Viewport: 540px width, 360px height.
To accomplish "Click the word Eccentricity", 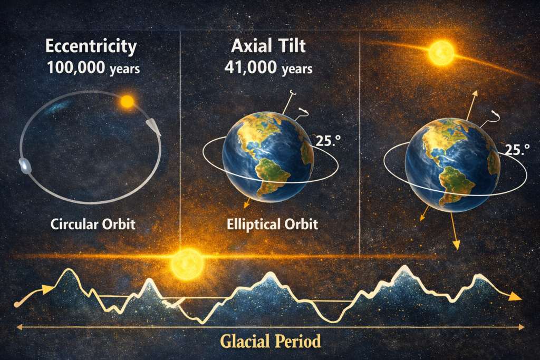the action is tap(91, 46).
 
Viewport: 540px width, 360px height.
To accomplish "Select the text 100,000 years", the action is tap(93, 67).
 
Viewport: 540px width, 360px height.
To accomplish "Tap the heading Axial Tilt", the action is tap(268, 46).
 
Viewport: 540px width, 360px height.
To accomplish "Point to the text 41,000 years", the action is tap(268, 67).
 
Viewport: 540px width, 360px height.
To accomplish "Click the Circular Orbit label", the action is tap(93, 225).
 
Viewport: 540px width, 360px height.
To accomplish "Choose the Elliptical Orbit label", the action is tap(272, 225).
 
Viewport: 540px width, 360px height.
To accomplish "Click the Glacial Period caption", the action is tap(271, 342).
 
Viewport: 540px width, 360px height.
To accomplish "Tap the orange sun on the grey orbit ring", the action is tap(127, 102).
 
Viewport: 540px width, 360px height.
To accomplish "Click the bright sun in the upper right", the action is tap(441, 53).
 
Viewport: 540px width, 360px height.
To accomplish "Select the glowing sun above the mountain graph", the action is tap(188, 264).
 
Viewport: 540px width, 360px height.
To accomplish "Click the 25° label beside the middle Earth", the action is tap(328, 141).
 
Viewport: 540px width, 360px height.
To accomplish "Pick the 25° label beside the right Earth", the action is tap(517, 150).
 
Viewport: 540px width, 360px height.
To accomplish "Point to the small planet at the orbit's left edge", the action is tap(25, 166).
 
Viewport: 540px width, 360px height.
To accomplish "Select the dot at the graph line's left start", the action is tap(16, 304).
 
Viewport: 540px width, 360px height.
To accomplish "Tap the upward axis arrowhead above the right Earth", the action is tap(475, 94).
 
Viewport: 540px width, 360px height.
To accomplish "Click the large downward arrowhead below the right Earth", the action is tap(456, 245).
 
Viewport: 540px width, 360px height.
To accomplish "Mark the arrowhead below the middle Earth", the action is tap(247, 205).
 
